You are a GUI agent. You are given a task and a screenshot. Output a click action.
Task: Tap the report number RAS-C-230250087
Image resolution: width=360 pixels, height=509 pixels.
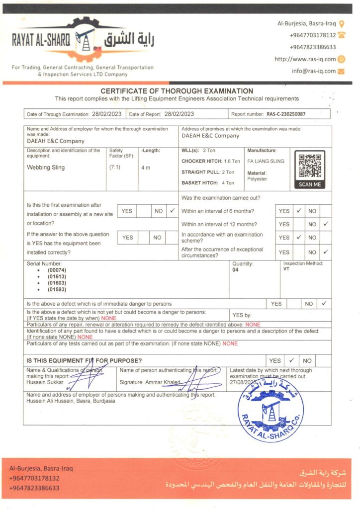[x=286, y=114]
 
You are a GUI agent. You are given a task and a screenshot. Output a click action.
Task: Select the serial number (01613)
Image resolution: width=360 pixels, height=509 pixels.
[x=57, y=276]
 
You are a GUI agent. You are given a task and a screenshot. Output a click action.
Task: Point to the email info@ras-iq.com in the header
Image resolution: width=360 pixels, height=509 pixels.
[x=314, y=71]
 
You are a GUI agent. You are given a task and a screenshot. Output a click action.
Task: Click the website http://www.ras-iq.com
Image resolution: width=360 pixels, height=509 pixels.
[x=305, y=59]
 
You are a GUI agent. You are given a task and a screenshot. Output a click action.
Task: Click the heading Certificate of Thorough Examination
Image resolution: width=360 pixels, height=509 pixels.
[x=177, y=91]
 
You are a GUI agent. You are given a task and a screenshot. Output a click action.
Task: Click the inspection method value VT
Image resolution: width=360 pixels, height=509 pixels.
[x=286, y=269]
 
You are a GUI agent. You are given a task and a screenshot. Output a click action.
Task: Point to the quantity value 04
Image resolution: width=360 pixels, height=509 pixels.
[x=235, y=270]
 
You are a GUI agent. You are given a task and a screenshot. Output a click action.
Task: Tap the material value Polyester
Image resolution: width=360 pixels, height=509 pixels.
[x=257, y=179]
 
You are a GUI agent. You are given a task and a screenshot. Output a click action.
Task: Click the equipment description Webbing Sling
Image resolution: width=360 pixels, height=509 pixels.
[x=45, y=168]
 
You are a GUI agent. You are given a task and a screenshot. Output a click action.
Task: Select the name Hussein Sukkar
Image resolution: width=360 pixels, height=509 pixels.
[x=44, y=382]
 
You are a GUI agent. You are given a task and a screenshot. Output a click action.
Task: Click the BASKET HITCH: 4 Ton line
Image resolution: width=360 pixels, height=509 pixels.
[x=208, y=183]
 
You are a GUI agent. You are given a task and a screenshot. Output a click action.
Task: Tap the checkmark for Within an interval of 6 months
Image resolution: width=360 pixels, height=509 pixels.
[x=299, y=211]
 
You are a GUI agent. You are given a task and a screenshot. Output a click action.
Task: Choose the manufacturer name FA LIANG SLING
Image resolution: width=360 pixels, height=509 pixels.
[x=266, y=162]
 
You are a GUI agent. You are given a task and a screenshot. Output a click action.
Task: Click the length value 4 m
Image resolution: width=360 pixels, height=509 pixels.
[x=146, y=168]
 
